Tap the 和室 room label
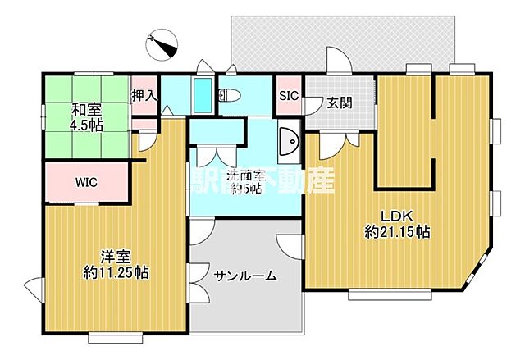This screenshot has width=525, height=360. point(85,110)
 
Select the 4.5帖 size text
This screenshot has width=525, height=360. point(85,125)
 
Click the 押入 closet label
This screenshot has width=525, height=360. point(144,95)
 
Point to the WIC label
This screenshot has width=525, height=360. point(87,182)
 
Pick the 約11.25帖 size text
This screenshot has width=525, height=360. point(115,271)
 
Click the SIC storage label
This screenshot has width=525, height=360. point(289,95)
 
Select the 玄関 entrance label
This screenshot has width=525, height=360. point(339,103)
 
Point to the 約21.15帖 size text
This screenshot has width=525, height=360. point(398,232)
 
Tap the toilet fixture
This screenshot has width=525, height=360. point(230,94)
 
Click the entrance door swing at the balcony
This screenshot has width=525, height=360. point(337,62)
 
